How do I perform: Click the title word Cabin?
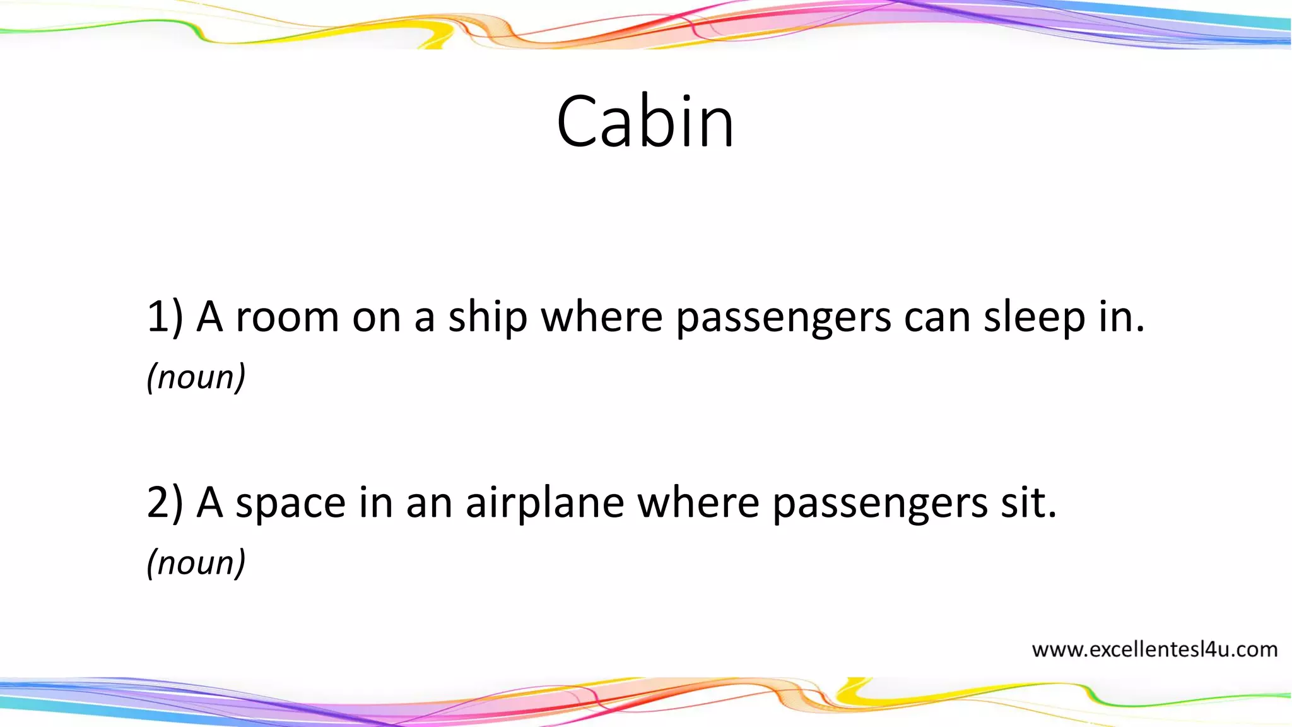pyautogui.click(x=645, y=121)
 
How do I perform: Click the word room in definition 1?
pyautogui.click(x=287, y=317)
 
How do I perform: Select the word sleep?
pyautogui.click(x=1034, y=317)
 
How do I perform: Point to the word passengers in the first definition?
pyautogui.click(x=784, y=318)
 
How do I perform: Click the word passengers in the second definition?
pyautogui.click(x=880, y=504)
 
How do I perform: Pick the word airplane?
pyautogui.click(x=544, y=504)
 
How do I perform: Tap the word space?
pyautogui.click(x=291, y=504)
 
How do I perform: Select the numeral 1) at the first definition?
pyautogui.click(x=165, y=317)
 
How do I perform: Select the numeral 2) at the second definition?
pyautogui.click(x=165, y=502)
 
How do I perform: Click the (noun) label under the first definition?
pyautogui.click(x=196, y=377)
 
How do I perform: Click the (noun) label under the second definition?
pyautogui.click(x=196, y=563)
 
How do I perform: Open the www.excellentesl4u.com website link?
pyautogui.click(x=1154, y=649)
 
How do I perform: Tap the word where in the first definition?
pyautogui.click(x=602, y=317)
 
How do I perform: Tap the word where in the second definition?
pyautogui.click(x=698, y=502)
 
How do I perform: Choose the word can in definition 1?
pyautogui.click(x=937, y=318)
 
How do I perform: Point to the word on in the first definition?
pyautogui.click(x=377, y=318)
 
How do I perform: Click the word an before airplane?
pyautogui.click(x=429, y=504)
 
